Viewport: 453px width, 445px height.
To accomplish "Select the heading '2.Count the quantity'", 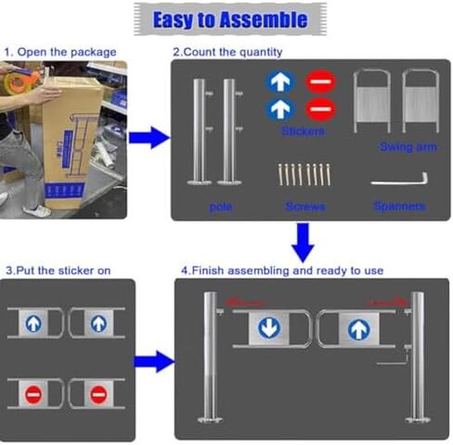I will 227,52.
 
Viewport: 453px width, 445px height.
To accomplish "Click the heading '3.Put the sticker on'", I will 58,271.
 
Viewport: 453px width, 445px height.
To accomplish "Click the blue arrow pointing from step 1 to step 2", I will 149,138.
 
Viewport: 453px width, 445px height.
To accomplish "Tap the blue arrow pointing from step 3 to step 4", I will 152,361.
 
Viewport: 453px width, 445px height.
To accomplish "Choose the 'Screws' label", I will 305,207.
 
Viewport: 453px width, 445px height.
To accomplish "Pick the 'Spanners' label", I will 398,206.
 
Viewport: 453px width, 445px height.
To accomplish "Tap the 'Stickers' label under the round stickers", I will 303,133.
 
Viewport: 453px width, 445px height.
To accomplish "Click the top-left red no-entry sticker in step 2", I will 317,82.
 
